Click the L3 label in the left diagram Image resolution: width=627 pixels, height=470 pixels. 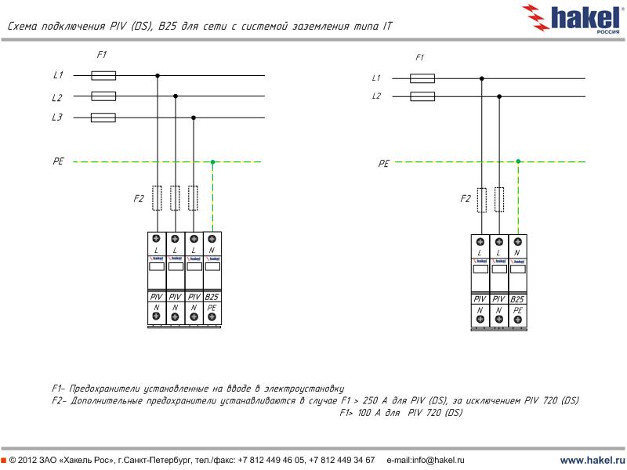[57, 117]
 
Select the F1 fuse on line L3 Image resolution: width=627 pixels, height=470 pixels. [103, 117]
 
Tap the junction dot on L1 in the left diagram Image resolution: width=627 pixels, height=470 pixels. [158, 76]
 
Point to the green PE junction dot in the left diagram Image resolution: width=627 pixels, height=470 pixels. [212, 162]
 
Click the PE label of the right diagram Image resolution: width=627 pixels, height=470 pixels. [383, 164]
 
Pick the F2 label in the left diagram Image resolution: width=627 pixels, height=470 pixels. [139, 198]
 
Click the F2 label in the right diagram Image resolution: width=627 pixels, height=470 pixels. [465, 199]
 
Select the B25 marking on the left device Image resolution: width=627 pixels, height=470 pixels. [212, 297]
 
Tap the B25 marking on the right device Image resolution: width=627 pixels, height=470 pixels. [517, 299]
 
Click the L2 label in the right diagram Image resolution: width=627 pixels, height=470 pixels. [376, 96]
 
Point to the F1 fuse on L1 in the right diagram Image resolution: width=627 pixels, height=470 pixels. [422, 78]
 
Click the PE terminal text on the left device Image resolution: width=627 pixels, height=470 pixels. [212, 308]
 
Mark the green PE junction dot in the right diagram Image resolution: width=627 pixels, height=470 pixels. [518, 162]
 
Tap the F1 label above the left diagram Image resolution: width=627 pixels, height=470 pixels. [101, 54]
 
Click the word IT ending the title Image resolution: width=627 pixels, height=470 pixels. [387, 26]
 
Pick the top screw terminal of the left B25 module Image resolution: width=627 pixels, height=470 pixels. [212, 239]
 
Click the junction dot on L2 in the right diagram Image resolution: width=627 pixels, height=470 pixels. [499, 96]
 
